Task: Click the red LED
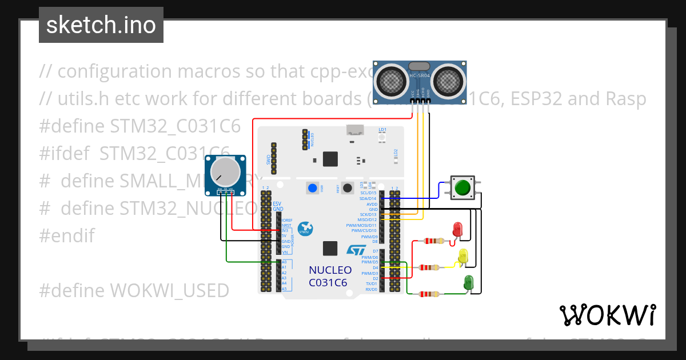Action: (457, 229)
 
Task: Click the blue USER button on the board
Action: (312, 188)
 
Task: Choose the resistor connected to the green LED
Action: (429, 294)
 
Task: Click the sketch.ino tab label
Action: (101, 25)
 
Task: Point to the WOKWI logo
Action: (607, 315)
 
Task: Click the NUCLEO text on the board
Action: (330, 270)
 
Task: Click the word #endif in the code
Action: (67, 235)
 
